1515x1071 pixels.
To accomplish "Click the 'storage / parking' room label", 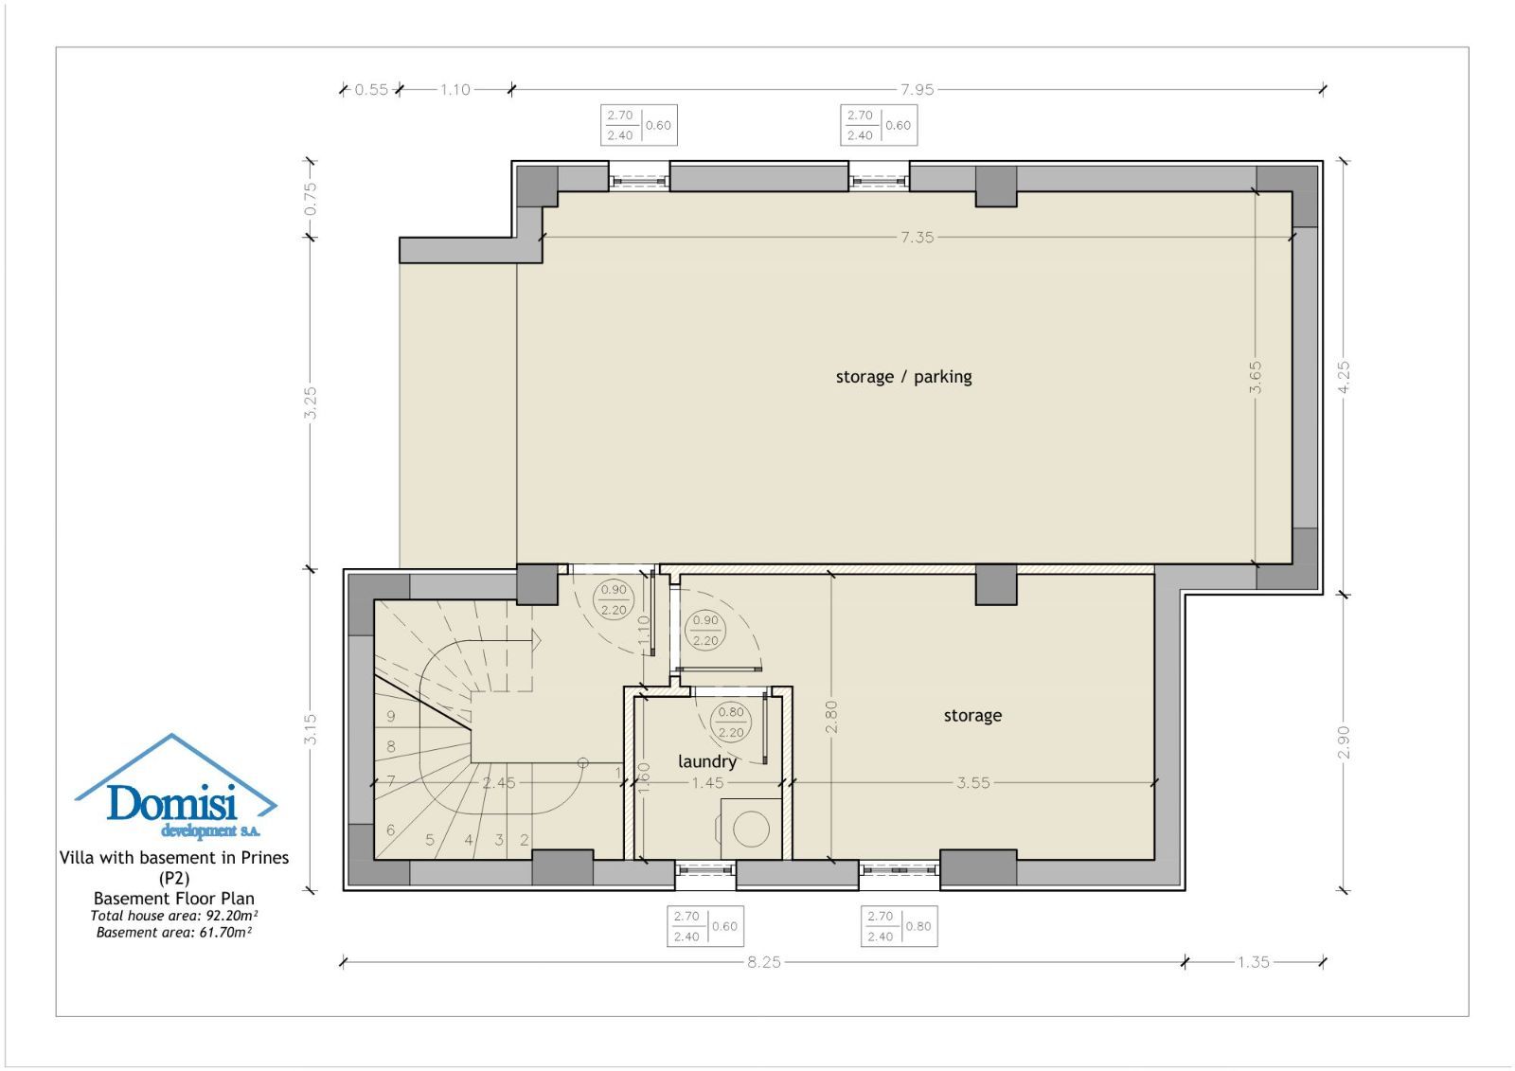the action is (903, 377).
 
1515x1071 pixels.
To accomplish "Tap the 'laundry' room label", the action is (706, 761).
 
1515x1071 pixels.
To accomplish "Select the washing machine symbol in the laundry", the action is (751, 829).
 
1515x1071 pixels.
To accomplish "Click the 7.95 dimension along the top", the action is (918, 89).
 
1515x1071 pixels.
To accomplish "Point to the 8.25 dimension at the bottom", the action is (763, 962).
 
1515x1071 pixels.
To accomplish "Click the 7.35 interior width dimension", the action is (918, 237).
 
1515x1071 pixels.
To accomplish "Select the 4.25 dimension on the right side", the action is (1344, 377).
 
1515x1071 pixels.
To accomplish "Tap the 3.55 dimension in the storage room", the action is (973, 783).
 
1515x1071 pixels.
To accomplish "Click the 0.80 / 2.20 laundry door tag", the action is (731, 722).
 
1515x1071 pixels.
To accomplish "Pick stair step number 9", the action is (391, 716).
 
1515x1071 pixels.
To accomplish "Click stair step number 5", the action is (430, 840).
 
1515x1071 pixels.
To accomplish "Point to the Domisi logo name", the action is (171, 803).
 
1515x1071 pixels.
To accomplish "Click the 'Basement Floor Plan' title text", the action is (174, 899).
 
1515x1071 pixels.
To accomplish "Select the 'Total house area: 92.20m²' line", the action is (174, 916).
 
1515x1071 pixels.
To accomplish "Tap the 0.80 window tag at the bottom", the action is (918, 926).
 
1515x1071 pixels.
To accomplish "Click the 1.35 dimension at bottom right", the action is (1254, 962).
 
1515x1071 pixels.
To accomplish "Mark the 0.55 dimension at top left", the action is (371, 89).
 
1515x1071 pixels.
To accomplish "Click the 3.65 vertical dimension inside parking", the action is (1256, 378).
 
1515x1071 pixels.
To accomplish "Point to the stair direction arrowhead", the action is (536, 640).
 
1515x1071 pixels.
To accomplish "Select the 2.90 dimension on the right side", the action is (1344, 742).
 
